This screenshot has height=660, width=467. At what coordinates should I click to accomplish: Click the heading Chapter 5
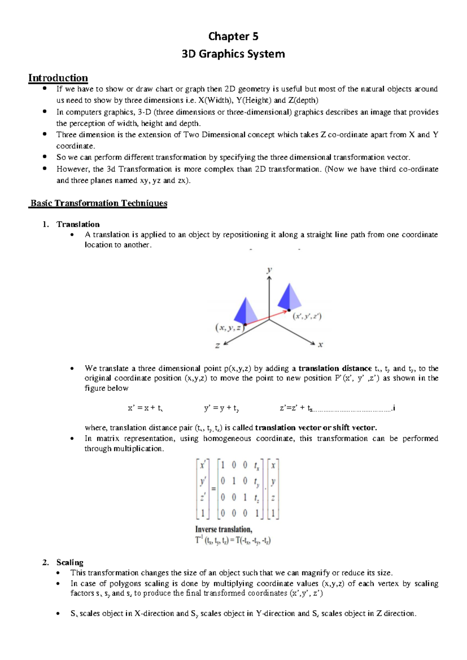point(233,36)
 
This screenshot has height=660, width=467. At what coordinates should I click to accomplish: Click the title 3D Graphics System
point(233,54)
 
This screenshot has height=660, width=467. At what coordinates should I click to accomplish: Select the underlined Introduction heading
point(58,78)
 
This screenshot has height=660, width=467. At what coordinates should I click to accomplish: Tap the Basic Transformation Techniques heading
point(98,203)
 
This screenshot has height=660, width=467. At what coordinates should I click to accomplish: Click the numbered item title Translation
point(78,224)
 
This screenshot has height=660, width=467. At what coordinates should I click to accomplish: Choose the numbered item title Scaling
point(70,562)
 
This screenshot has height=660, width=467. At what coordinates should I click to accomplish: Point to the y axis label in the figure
point(269,270)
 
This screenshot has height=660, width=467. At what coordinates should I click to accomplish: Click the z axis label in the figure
point(218,345)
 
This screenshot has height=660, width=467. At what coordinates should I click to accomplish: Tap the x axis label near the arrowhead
point(320,345)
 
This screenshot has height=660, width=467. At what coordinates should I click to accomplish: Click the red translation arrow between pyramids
point(267,317)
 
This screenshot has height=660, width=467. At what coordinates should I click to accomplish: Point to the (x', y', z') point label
point(307,316)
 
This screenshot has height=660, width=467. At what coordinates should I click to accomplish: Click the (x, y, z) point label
point(230,328)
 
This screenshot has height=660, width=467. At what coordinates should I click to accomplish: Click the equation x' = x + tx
point(145,408)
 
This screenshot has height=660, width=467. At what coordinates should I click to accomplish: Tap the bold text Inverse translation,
point(223,529)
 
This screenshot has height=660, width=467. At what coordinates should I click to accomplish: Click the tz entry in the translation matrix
point(256,498)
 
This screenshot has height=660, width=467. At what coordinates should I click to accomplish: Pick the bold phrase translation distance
point(335,368)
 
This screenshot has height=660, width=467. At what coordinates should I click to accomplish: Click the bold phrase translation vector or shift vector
point(316,428)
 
